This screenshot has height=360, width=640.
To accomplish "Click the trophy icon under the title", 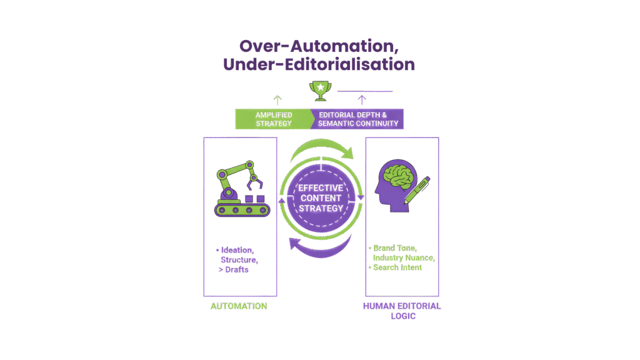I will coord(319,91).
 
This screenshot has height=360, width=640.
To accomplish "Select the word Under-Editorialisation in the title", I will coord(319,64).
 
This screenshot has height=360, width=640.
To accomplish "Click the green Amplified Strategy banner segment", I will coord(273,119).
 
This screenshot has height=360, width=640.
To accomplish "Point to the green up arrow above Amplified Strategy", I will coord(277,99).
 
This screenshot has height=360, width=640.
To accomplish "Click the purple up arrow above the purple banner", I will coord(361,99).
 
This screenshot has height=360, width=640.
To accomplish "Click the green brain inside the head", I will coord(397,176).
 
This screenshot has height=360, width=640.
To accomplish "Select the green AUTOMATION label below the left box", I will coord(239,306).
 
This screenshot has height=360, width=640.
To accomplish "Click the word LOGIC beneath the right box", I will coord(402,316).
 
